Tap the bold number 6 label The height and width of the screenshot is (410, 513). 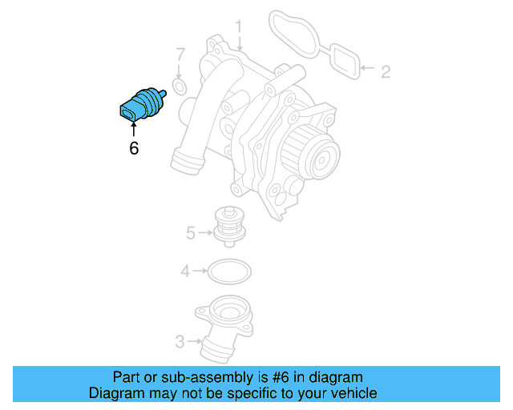[134, 148]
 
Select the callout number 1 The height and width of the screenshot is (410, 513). [239, 30]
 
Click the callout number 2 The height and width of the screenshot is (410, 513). [386, 72]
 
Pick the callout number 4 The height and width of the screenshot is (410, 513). [185, 272]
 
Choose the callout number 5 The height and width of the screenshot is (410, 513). [190, 234]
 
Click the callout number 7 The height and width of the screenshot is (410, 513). [180, 55]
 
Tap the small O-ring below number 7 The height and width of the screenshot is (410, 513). [180, 86]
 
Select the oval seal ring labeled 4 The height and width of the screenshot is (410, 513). [229, 272]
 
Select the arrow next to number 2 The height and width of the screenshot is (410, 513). [368, 70]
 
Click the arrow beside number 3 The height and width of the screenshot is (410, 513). [196, 343]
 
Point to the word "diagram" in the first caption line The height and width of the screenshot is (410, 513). [337, 377]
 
